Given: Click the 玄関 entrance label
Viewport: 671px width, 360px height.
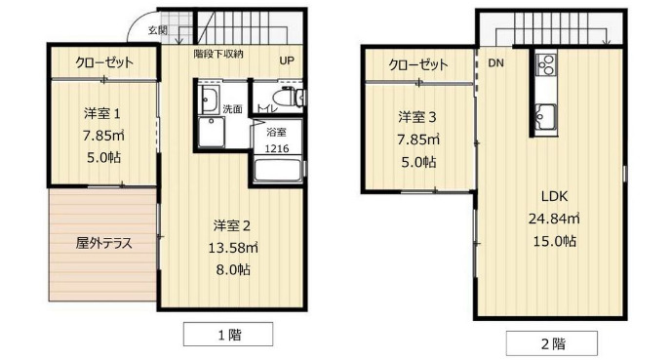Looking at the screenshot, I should pos(157,30).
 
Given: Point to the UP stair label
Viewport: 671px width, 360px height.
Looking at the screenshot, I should pos(288,60).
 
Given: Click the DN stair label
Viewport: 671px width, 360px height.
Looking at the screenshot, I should pos(495,64).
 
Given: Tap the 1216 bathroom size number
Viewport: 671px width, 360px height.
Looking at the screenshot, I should pos(277,149).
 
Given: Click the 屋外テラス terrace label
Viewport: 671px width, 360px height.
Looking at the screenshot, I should pos(103,243).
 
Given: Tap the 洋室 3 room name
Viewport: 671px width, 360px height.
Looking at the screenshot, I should pos(417,117).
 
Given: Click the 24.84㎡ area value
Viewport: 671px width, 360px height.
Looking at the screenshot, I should pos(553,218).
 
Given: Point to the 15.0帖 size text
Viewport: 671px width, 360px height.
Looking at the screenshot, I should pos(553,241).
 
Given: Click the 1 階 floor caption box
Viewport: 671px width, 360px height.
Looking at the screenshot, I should pos(229,335).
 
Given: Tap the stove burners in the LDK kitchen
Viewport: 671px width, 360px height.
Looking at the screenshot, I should pos(544,66).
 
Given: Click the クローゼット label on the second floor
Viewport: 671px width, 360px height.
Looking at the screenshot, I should pos(418,64).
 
